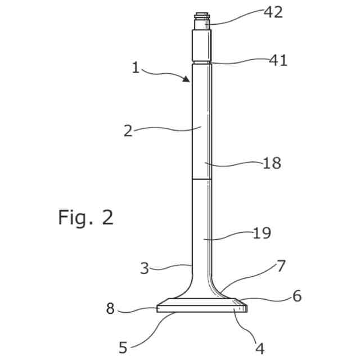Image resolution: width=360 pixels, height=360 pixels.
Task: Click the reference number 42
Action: click(x=273, y=12)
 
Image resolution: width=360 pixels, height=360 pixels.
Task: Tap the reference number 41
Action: click(x=277, y=60)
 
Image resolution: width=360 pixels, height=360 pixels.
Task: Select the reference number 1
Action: click(x=135, y=68)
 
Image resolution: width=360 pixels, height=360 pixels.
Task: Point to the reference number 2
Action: click(x=128, y=131)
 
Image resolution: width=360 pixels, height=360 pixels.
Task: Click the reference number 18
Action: click(x=272, y=164)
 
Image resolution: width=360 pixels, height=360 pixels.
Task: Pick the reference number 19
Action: click(x=262, y=233)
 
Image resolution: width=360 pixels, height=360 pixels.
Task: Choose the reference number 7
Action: click(x=281, y=265)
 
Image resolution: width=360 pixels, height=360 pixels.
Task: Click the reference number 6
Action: click(x=296, y=296)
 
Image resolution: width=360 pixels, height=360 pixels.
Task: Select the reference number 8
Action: click(x=111, y=309)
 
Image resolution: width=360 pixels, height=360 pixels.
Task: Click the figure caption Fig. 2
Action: click(x=85, y=217)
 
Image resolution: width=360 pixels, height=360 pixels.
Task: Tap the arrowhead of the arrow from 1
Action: click(x=187, y=80)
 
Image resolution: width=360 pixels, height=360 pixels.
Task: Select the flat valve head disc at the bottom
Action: click(x=202, y=307)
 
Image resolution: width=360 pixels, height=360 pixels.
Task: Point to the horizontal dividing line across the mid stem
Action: click(x=202, y=179)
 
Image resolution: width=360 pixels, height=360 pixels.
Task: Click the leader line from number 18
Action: click(x=236, y=164)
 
